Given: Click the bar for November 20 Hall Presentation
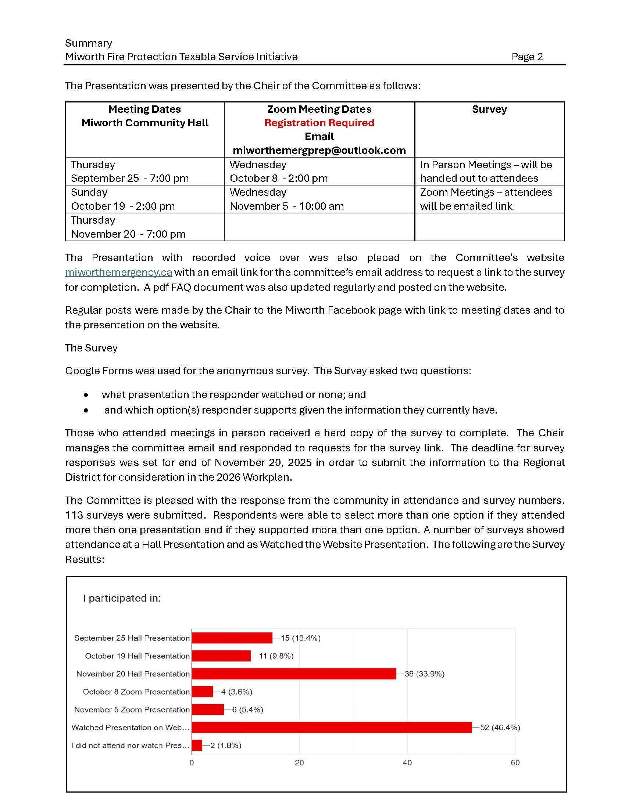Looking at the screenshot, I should point(294,674).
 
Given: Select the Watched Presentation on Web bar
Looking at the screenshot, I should point(331,727).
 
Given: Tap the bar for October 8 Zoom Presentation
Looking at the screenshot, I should point(202,692).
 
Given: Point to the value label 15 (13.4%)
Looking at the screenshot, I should point(300,638).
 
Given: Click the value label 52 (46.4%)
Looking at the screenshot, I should point(500,727).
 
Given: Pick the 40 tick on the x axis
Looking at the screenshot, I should point(407,762).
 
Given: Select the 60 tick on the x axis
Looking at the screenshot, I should point(515,762).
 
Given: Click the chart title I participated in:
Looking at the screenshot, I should point(122,598).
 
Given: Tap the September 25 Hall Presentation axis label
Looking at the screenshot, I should point(132,638).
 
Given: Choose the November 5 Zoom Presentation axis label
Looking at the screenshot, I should point(132,710).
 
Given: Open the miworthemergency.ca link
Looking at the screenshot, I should point(118,272).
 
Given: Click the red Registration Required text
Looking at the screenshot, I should point(319,123).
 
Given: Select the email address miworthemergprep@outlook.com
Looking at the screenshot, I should point(319,150).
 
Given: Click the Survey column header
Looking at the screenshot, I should point(489,109).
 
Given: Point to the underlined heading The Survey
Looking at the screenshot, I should point(91,348).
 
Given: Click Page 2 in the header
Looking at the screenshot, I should point(527,57).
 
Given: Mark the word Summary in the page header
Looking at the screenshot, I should point(89,43).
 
